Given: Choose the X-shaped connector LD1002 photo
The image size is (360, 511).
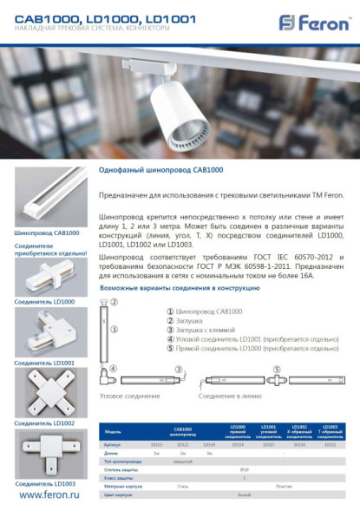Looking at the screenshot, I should (47, 390).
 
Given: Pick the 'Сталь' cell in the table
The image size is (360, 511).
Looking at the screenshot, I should (183, 486).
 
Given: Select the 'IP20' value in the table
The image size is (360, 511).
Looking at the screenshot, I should (243, 469).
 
